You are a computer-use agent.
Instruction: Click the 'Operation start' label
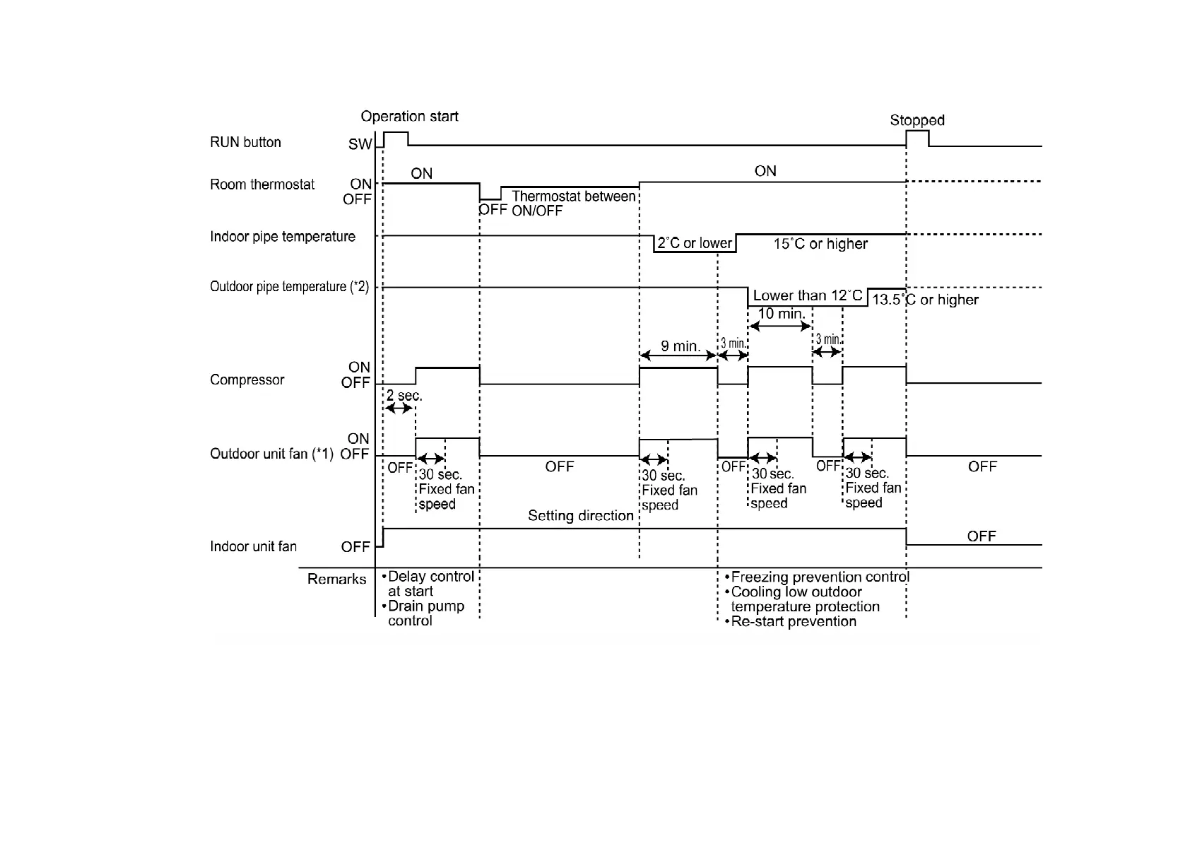click(x=409, y=117)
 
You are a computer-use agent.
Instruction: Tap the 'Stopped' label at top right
click(x=917, y=120)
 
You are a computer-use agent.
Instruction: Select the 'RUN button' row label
click(x=245, y=142)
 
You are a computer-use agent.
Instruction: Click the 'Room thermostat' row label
click(x=262, y=184)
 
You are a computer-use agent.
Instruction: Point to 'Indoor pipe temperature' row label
click(x=283, y=237)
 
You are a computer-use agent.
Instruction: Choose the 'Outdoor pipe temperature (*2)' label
click(x=289, y=287)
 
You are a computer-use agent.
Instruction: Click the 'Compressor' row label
click(x=247, y=380)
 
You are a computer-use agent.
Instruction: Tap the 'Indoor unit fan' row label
click(x=253, y=546)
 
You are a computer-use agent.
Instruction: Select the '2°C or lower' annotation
click(x=695, y=244)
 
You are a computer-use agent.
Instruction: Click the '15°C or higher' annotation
click(x=820, y=244)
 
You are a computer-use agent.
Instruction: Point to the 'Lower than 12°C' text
click(x=807, y=295)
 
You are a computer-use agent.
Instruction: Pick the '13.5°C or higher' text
click(x=925, y=300)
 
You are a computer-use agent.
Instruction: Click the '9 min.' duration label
click(x=681, y=346)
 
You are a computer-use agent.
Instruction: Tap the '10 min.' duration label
click(x=781, y=314)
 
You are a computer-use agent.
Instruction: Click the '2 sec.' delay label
click(x=404, y=396)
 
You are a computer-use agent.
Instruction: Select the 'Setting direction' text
click(x=580, y=516)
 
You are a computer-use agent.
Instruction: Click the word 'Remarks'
click(x=336, y=580)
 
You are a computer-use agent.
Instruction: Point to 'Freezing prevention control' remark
click(x=820, y=577)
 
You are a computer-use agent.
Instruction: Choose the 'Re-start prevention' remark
click(x=793, y=622)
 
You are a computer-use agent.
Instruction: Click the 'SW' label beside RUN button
click(x=360, y=145)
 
